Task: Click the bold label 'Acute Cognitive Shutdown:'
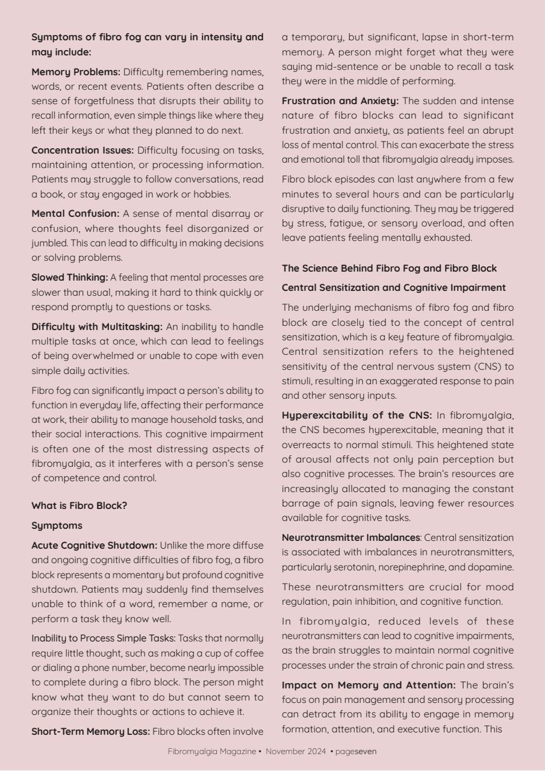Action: [95, 546]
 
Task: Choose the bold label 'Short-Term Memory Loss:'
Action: [90, 732]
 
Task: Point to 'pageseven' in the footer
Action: [356, 752]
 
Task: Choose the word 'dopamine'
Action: [494, 567]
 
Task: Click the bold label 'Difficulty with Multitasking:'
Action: [97, 326]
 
